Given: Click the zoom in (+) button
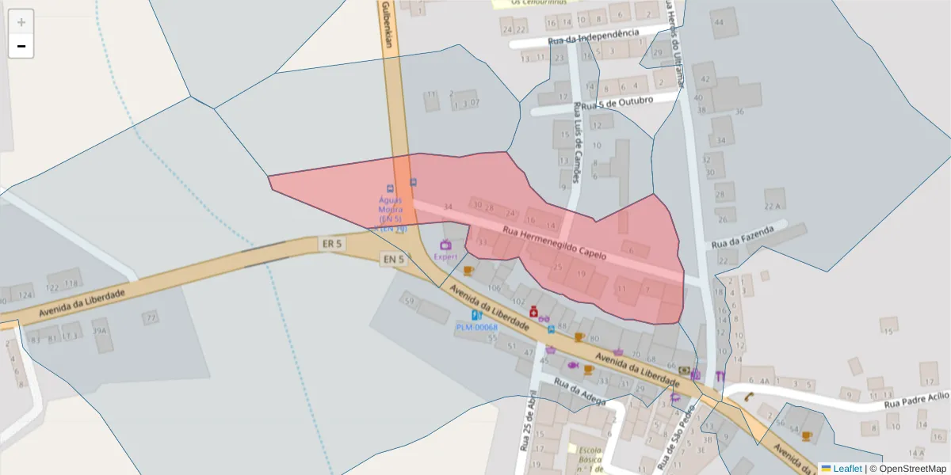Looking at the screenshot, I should [x=21, y=21].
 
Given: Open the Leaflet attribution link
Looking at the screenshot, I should [x=841, y=469].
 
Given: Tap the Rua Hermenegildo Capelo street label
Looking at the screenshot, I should [x=554, y=244].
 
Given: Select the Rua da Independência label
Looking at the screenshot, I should [x=593, y=36].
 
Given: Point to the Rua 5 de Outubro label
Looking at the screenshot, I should [x=617, y=103].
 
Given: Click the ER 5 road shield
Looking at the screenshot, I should [x=332, y=244].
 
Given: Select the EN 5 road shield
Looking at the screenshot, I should [x=394, y=259].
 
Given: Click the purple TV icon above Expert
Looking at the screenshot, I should [x=445, y=245].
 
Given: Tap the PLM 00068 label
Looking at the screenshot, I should [x=476, y=327].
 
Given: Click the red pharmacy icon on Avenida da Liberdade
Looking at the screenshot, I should [x=534, y=311].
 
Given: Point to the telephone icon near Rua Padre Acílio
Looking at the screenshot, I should [x=747, y=397].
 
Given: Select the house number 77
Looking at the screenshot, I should [x=151, y=318].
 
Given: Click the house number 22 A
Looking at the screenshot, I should [x=773, y=206].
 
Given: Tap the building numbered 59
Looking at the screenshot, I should [x=409, y=302].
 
